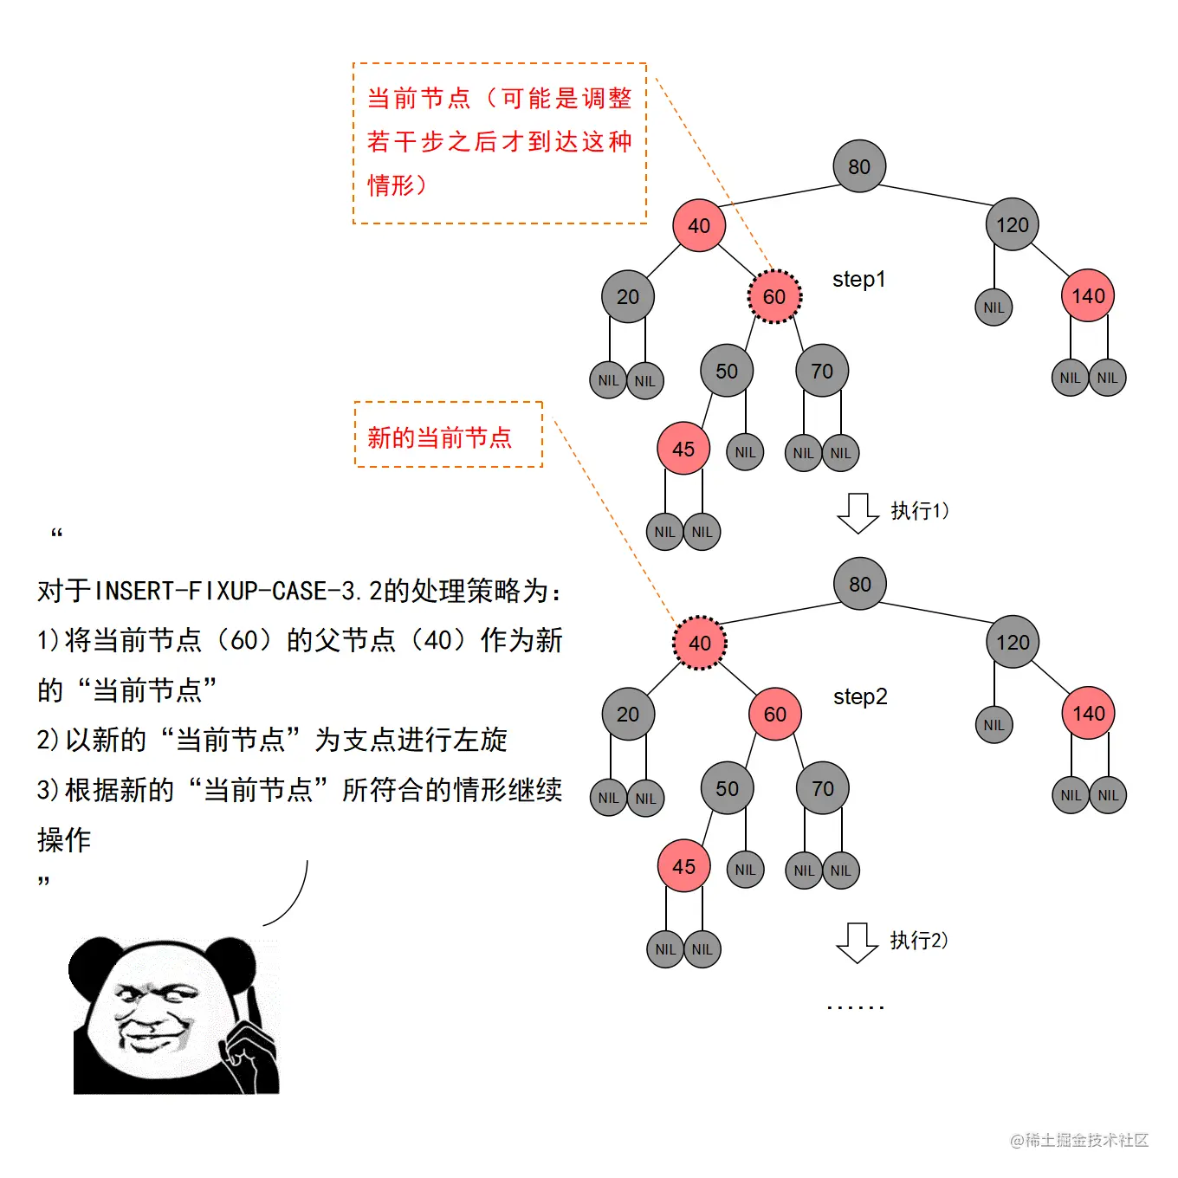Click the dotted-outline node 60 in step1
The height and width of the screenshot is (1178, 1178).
tap(774, 296)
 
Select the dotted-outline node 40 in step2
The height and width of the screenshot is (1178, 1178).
tap(700, 643)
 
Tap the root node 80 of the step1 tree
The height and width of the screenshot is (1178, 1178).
tap(859, 166)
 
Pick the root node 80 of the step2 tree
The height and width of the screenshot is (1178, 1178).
tap(860, 584)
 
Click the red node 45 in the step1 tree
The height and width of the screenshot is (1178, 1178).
tap(683, 449)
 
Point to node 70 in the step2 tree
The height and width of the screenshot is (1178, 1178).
tap(823, 788)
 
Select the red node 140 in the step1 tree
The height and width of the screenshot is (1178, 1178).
tap(1088, 295)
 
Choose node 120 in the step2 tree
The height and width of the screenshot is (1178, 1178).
tap(1013, 642)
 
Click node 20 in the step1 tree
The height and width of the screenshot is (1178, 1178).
tap(628, 296)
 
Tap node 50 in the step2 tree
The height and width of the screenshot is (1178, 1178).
tap(728, 788)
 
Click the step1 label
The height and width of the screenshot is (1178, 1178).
tap(858, 279)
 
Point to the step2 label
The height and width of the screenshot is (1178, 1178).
tap(860, 696)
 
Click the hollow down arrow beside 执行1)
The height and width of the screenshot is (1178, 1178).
tap(858, 513)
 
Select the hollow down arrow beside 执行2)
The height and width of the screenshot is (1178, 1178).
tap(858, 942)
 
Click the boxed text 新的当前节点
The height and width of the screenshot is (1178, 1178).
tap(440, 437)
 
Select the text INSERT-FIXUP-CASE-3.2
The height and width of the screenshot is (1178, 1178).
tap(237, 591)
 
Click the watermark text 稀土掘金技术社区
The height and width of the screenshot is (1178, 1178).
tap(1086, 1140)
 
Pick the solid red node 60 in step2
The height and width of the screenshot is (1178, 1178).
tap(775, 714)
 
